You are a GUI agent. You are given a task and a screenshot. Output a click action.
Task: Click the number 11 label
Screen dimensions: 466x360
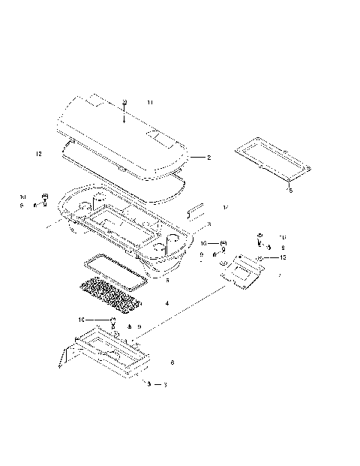(x=150, y=101)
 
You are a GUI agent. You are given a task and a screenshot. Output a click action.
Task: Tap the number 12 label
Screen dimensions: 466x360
(x=37, y=154)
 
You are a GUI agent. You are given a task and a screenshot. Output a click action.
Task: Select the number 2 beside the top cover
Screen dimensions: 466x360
(x=208, y=158)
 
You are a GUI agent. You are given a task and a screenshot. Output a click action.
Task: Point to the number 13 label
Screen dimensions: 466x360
(x=283, y=257)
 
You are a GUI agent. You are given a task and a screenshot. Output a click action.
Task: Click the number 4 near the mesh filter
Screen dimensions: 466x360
(x=166, y=303)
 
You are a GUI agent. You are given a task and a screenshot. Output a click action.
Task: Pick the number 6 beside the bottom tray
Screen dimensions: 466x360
(x=172, y=362)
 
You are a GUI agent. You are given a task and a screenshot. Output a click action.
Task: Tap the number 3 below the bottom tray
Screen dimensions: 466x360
(x=164, y=384)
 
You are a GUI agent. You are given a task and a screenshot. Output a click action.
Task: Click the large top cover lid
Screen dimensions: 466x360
(x=120, y=135)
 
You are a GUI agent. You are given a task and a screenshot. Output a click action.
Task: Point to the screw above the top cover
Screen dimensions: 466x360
(x=124, y=101)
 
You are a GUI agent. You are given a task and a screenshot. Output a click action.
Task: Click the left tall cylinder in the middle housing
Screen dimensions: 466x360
(x=96, y=200)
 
